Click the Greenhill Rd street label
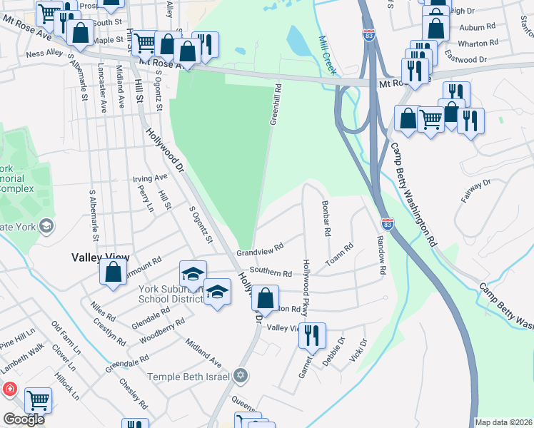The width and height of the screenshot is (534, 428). coord(276,105)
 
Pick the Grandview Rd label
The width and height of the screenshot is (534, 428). coord(261,250)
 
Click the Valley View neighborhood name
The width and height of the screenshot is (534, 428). coord(99,257)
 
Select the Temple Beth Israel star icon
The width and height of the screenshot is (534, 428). coord(241,376)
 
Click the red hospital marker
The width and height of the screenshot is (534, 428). coord(9,389)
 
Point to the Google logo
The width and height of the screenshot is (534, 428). coord(24,419)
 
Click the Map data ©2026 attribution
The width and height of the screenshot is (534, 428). coord(504,422)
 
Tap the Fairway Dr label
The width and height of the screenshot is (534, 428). coord(476,192)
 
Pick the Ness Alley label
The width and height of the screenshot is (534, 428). coord(44,53)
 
